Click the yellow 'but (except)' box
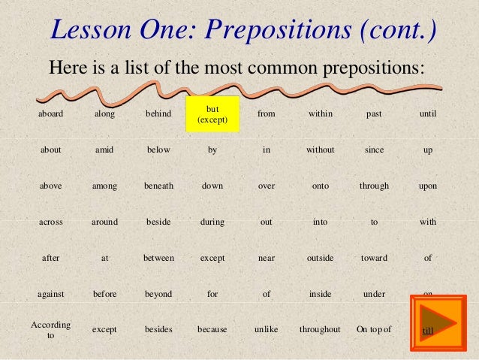tap(212, 114)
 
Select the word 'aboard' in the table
tap(51, 114)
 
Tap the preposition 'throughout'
tap(320, 329)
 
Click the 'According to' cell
tap(51, 330)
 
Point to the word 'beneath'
tap(158, 186)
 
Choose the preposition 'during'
tap(212, 222)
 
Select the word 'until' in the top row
tap(428, 114)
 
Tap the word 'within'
tap(320, 114)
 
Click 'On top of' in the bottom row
tap(374, 329)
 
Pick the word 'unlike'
tap(267, 329)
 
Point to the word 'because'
tap(212, 329)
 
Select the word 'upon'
tap(428, 186)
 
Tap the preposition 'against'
tap(51, 294)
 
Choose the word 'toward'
tap(374, 258)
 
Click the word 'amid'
tap(104, 150)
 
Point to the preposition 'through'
tap(374, 186)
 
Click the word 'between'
tap(158, 258)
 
